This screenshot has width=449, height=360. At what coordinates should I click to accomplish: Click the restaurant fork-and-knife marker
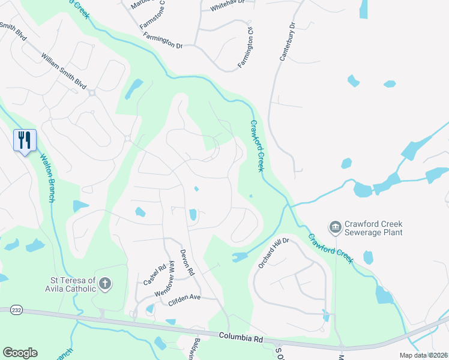25,140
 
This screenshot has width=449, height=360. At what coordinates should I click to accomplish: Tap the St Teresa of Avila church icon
105,284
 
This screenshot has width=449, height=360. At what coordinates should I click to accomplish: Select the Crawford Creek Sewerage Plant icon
334,227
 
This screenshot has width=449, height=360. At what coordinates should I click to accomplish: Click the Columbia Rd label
241,338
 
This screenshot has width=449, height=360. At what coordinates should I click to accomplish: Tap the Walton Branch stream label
47,179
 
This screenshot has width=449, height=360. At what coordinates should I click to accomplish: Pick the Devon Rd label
188,263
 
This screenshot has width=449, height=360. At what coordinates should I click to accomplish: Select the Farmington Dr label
163,40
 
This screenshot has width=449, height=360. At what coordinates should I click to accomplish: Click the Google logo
20,353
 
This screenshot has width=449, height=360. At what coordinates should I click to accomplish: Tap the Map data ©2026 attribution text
424,355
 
